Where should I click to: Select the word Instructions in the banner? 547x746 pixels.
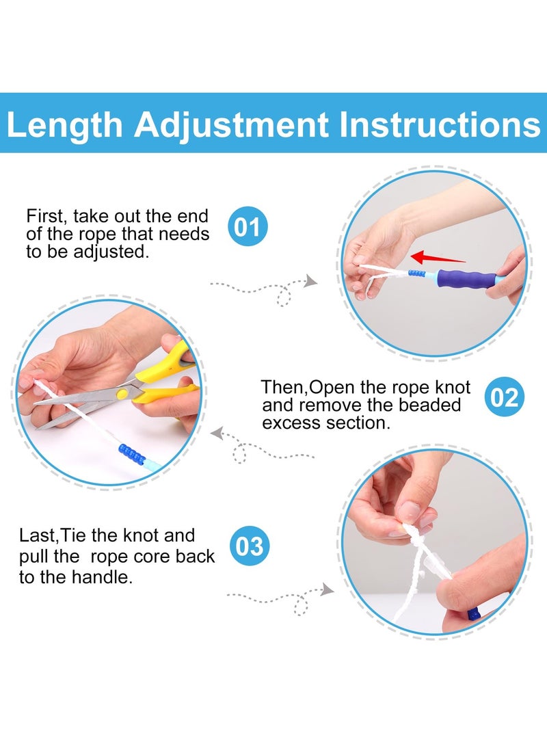pyautogui.click(x=440, y=124)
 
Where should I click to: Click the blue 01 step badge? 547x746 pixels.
pyautogui.click(x=248, y=226)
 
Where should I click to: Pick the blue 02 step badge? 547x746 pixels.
pyautogui.click(x=504, y=397)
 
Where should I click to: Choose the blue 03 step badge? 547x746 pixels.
pyautogui.click(x=250, y=546)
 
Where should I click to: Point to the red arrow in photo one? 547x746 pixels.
pyautogui.click(x=438, y=258)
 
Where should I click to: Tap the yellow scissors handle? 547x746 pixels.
pyautogui.click(x=166, y=376)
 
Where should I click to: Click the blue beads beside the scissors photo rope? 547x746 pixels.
pyautogui.click(x=132, y=454)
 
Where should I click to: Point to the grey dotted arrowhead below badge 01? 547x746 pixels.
pyautogui.click(x=310, y=281)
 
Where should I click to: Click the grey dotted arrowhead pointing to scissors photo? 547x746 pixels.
pyautogui.click(x=217, y=434)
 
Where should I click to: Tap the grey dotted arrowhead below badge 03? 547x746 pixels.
pyautogui.click(x=327, y=590)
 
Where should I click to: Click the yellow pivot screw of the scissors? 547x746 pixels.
pyautogui.click(x=122, y=393)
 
